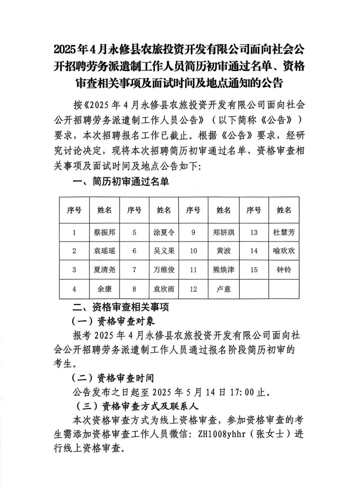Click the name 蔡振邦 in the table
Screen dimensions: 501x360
pos(104,232)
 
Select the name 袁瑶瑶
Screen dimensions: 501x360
pos(104,251)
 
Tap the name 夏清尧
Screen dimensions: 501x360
pos(104,269)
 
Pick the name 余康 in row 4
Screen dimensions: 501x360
pos(104,289)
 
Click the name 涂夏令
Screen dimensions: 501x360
pos(164,232)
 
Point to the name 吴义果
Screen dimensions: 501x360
pos(164,251)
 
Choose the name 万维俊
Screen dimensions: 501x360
pos(164,269)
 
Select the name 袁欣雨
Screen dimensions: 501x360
pos(164,289)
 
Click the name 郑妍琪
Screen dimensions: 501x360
pos(223,232)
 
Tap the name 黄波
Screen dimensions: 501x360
pos(223,251)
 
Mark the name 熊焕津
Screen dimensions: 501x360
pos(223,269)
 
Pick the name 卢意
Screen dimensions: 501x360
pos(223,289)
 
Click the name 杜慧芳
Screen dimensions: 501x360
pos(284,232)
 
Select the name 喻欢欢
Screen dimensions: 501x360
pos(284,251)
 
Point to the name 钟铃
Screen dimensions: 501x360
pos(284,269)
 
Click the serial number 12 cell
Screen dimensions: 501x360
pos(193,289)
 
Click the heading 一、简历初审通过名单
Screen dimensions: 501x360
pos(121,182)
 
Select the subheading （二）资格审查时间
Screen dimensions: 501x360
pos(112,378)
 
